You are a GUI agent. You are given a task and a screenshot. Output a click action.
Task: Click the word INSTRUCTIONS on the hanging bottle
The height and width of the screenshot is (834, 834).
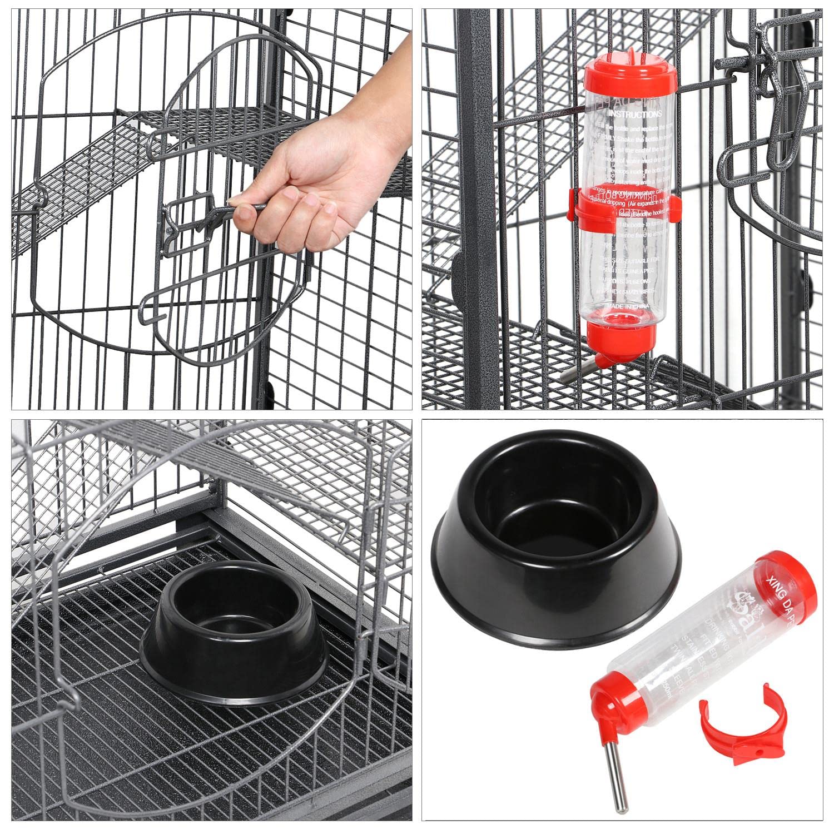[x=634, y=114]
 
